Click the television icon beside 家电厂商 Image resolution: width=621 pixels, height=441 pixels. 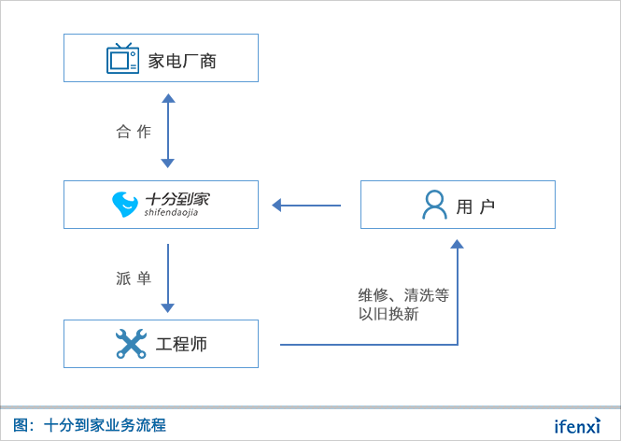122,58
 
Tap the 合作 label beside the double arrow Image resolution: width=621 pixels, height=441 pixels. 134,132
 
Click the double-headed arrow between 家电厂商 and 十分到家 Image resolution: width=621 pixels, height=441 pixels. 168,131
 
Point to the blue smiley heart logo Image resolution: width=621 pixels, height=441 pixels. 124,204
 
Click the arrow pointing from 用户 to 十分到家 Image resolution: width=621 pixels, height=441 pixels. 306,205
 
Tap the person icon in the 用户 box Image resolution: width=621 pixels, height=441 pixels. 434,205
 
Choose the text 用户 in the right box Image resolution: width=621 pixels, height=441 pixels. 475,206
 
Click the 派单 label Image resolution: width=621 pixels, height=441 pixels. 134,278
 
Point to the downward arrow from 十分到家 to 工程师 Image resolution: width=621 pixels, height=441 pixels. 168,278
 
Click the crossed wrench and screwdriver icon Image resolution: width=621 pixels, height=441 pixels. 131,344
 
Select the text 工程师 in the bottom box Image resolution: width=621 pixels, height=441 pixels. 181,344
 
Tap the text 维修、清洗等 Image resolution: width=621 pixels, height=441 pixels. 403,295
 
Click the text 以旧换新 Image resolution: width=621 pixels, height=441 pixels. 388,315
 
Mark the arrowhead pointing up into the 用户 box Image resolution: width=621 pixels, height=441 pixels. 457,245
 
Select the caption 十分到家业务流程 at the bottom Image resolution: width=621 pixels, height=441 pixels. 105,425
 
